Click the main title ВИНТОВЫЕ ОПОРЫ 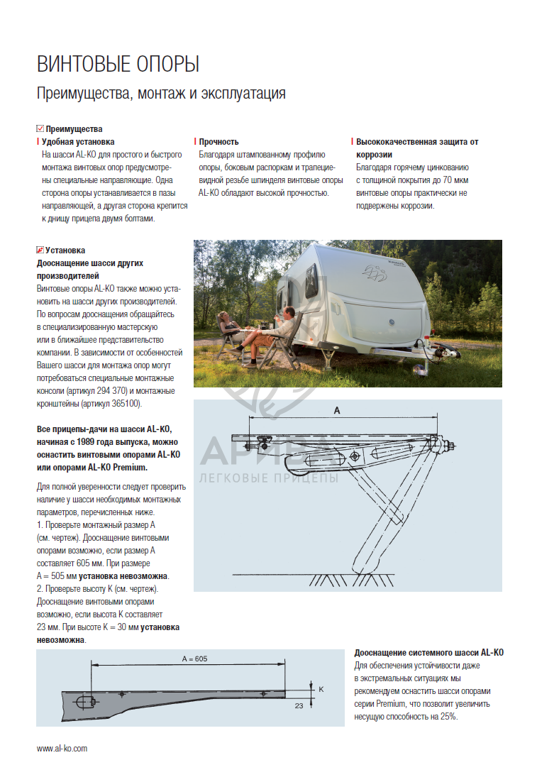[118, 65]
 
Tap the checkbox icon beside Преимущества [40, 128]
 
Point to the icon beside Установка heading [40, 250]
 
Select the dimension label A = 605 [194, 659]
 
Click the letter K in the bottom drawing [321, 689]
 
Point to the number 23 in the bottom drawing [299, 705]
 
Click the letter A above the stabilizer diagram [337, 411]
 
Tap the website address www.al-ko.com [62, 748]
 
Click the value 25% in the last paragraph [448, 717]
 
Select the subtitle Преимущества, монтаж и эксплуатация [161, 94]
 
